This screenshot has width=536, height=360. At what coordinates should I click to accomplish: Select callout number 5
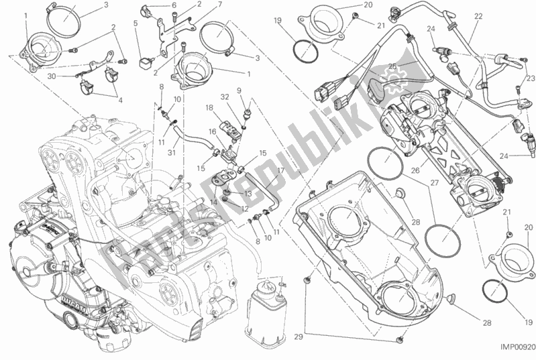click(x=136, y=23)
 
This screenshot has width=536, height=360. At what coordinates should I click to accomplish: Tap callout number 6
click(x=174, y=5)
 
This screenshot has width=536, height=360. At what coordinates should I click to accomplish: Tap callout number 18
click(x=209, y=107)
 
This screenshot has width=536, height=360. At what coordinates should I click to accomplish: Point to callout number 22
click(x=478, y=15)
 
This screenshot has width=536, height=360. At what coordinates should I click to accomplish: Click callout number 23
click(x=529, y=79)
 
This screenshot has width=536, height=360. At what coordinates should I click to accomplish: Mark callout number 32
click(x=226, y=97)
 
